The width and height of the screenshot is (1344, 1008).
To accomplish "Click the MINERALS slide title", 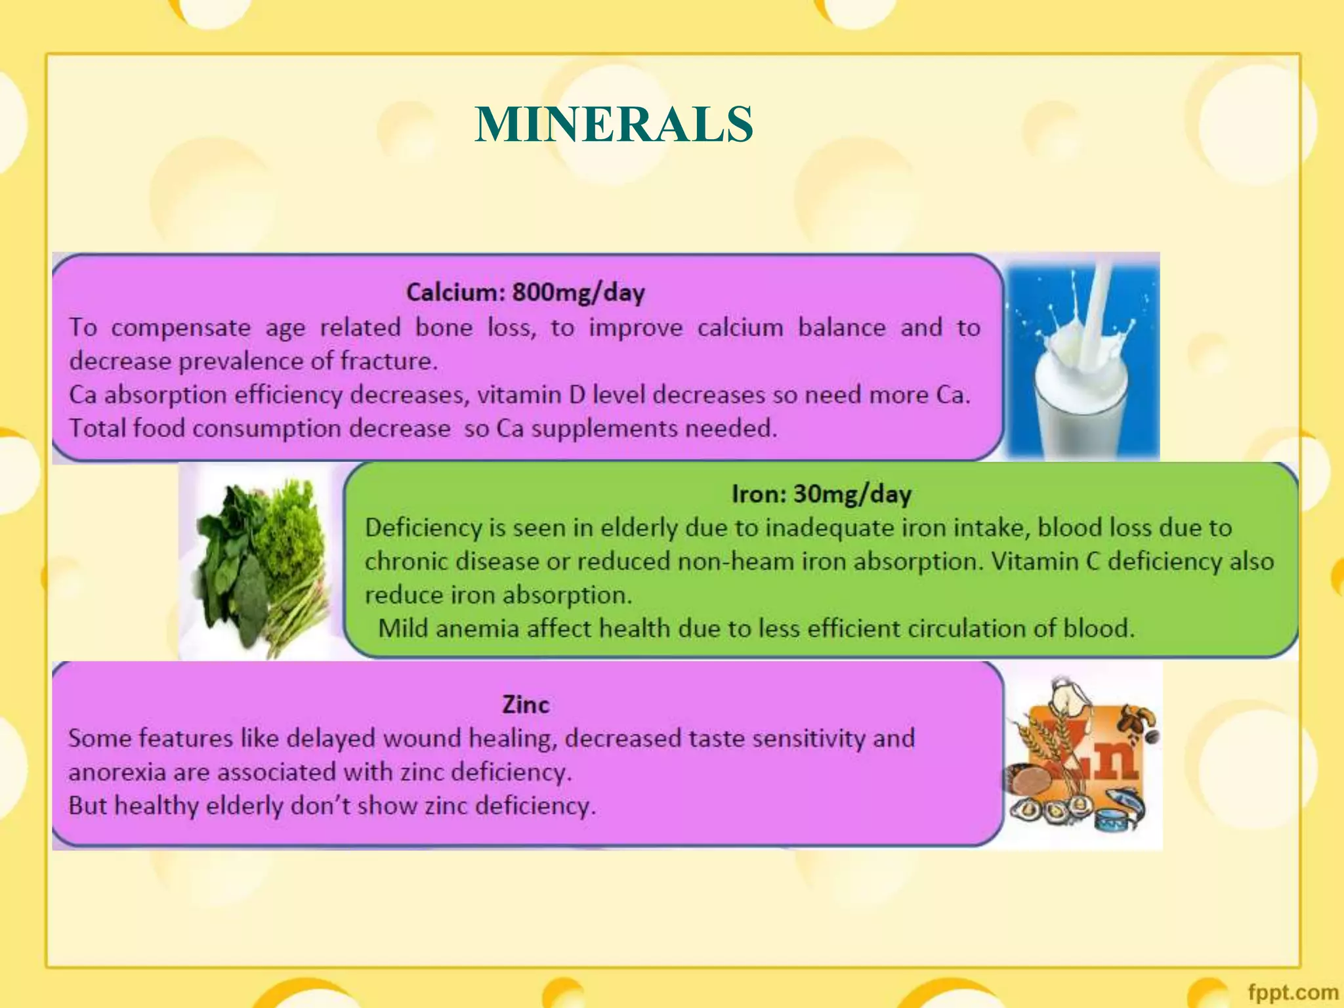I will [x=614, y=124].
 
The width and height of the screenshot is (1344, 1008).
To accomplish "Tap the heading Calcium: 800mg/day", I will [x=525, y=292].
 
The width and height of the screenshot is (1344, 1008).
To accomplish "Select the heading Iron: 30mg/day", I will [x=822, y=493].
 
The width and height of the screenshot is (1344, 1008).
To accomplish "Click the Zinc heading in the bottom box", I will [x=526, y=704].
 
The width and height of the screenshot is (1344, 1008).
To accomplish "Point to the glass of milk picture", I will [x=1082, y=358].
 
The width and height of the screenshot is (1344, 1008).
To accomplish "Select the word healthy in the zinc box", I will [x=156, y=806].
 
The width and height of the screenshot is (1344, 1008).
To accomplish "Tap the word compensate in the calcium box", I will [x=180, y=327].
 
